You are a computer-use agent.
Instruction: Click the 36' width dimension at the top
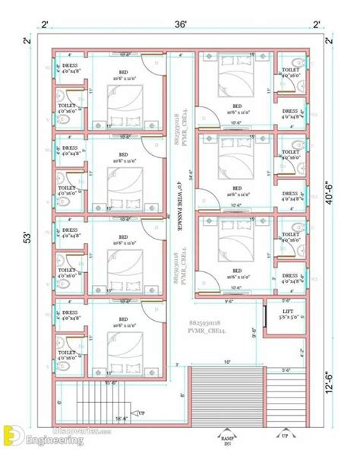[180, 24]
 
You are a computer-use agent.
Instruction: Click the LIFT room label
[287, 311]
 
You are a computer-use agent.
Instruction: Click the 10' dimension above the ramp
[227, 361]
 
